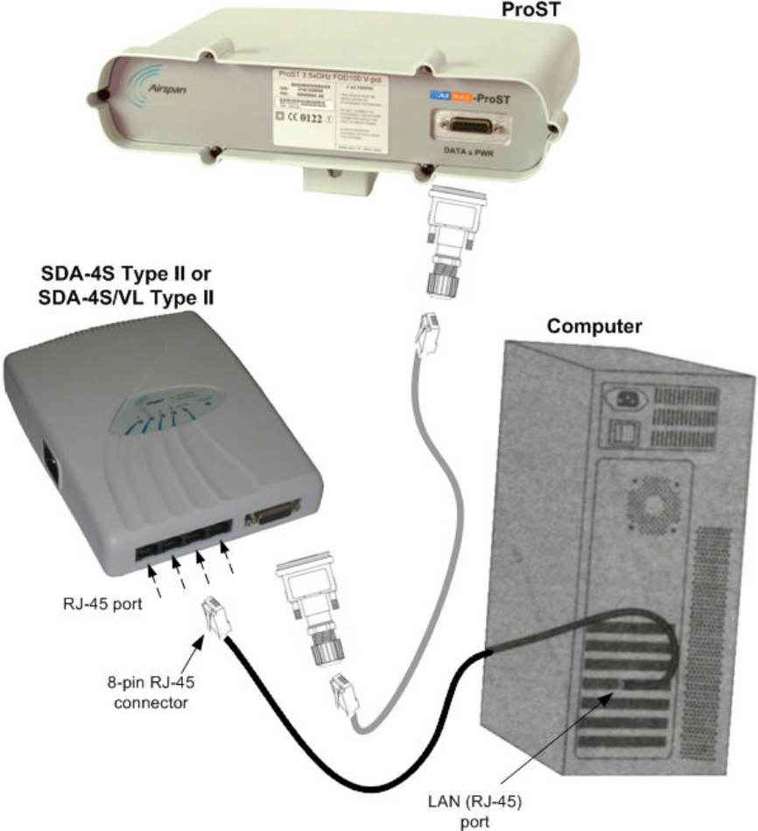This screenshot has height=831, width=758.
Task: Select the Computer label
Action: pyautogui.click(x=594, y=326)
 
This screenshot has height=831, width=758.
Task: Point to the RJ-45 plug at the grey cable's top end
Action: pyautogui.click(x=426, y=333)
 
